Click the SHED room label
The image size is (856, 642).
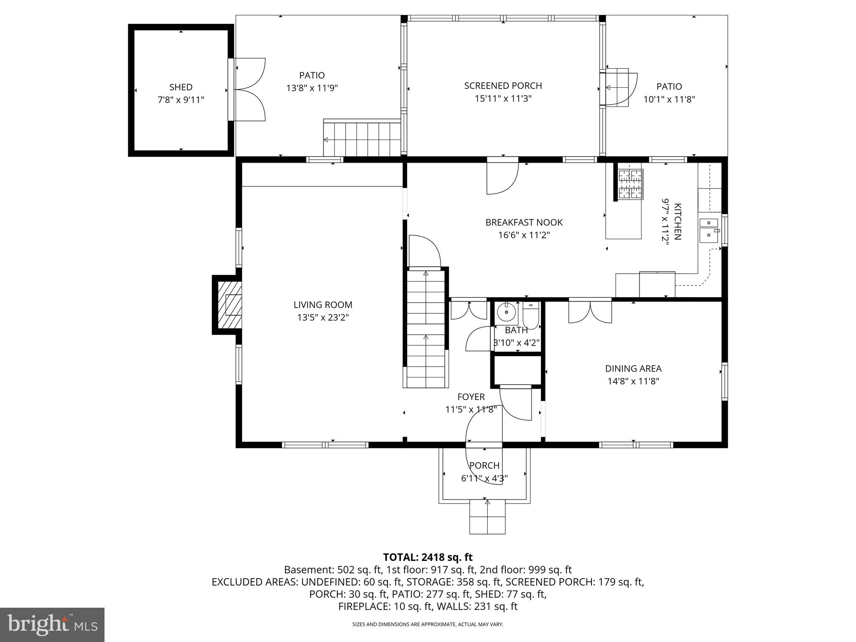181,87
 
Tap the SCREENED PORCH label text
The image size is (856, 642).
503,86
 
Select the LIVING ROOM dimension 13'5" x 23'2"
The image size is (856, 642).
323,318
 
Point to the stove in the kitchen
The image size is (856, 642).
630,184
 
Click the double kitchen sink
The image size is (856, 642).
709,230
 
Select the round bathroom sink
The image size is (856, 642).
507,311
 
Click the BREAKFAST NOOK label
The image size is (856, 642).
524,222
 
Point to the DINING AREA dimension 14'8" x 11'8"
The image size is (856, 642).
633,381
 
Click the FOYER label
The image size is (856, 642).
471,397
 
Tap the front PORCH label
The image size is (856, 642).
484,465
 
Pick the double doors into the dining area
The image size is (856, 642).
590,311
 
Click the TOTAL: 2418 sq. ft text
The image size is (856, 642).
428,557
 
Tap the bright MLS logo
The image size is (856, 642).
52,624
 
